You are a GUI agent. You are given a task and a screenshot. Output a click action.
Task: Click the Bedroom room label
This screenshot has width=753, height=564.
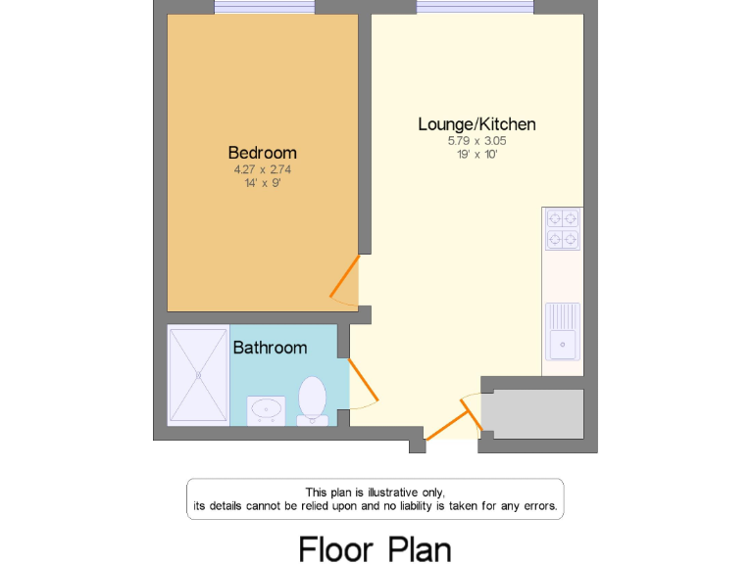tap(262, 153)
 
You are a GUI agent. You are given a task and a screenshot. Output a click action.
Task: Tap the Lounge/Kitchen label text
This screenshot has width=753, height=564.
tap(477, 124)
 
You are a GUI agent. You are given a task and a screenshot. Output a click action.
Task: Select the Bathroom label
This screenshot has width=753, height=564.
tap(270, 348)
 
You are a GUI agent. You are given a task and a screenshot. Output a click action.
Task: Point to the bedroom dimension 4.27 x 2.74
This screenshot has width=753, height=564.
tap(262, 169)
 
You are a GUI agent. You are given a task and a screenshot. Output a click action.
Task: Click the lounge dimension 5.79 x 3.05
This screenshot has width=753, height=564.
tap(477, 141)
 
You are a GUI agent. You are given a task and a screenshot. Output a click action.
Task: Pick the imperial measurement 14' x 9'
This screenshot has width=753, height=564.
tap(262, 182)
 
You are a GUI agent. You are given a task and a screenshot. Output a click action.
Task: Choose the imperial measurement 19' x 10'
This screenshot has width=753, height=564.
tap(477, 154)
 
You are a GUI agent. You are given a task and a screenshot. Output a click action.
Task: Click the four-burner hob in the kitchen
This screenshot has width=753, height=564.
tap(563, 229)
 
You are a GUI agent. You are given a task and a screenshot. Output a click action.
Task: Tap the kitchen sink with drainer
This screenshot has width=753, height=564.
tap(563, 332)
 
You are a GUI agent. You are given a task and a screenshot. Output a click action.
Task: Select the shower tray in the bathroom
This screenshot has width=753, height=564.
tap(198, 375)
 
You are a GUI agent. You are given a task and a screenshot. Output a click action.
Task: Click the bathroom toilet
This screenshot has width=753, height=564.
tap(312, 399)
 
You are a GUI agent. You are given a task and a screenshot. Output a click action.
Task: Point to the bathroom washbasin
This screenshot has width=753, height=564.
tap(266, 408)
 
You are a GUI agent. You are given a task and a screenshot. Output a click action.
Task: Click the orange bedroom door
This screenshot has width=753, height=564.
tap(344, 276)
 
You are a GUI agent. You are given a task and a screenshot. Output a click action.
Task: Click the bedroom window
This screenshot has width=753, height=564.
tap(264, 8)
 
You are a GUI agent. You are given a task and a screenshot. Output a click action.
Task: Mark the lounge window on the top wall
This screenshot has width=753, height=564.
tap(475, 8)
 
